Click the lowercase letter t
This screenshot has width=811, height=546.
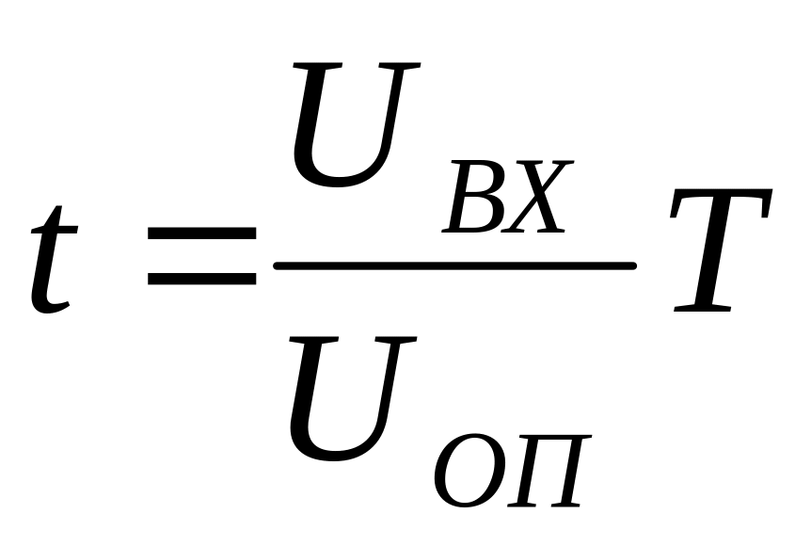tap(51, 260)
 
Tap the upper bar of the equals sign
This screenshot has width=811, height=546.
tap(201, 233)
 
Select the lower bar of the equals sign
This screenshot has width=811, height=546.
tap(201, 279)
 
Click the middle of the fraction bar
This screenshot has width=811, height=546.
tap(455, 266)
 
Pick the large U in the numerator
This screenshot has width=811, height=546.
tap(352, 124)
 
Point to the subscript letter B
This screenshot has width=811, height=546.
tap(476, 197)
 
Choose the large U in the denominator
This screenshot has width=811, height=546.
tap(349, 398)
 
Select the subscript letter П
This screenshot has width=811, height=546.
tap(549, 470)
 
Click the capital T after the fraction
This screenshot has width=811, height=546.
tap(720, 250)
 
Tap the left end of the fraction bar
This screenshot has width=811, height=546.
tap(278, 266)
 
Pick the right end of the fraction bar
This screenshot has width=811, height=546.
tap(633, 266)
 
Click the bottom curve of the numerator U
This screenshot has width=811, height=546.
tap(339, 179)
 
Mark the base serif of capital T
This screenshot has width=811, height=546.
tap(703, 310)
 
